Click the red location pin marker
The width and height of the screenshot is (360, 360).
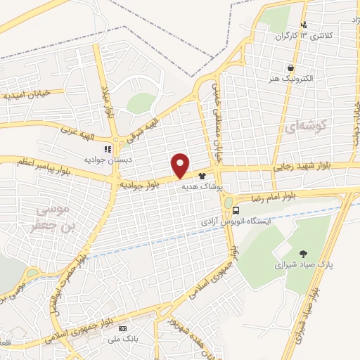pyautogui.click(x=181, y=165)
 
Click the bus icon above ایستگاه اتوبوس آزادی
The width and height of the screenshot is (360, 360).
pyautogui.click(x=236, y=210)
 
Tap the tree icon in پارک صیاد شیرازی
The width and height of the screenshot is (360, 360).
pyautogui.click(x=302, y=254)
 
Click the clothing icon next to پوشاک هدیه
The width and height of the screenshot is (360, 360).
pyautogui.click(x=202, y=176)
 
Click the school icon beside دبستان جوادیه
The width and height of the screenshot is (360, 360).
pyautogui.click(x=108, y=148)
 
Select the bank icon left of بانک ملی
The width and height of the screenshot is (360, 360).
pyautogui.click(x=123, y=328)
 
